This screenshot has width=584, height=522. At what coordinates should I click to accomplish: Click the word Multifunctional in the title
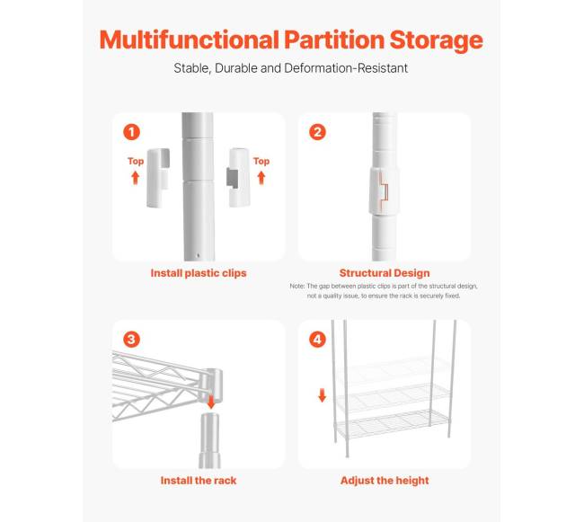(x=190, y=40)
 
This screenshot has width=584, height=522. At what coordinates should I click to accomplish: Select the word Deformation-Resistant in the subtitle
(x=346, y=68)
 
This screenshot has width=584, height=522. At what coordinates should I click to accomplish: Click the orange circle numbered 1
(x=131, y=132)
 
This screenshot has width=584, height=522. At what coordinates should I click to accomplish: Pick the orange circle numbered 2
(x=317, y=132)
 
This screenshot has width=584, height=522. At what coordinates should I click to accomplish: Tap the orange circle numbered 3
(x=131, y=340)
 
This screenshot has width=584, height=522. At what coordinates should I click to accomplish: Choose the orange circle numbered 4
(x=317, y=340)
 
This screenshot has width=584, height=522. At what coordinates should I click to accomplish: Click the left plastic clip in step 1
(x=158, y=178)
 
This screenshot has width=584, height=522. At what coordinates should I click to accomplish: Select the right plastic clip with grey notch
(x=238, y=177)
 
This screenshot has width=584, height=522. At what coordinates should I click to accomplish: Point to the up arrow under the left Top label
(x=135, y=178)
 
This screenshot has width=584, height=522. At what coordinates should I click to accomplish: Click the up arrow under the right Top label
(x=261, y=178)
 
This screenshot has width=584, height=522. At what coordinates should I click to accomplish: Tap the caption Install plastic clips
(x=199, y=273)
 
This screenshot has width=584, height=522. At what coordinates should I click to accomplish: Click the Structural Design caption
(x=385, y=273)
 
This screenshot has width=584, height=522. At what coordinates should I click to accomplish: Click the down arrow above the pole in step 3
(x=211, y=403)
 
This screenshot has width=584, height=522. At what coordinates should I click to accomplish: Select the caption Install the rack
(x=199, y=481)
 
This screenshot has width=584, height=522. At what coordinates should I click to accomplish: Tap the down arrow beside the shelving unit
(x=323, y=395)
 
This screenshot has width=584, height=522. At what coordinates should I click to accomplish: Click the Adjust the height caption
(x=385, y=481)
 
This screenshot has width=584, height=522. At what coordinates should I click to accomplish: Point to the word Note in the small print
(x=297, y=287)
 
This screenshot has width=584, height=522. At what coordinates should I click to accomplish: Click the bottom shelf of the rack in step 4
(x=393, y=424)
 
